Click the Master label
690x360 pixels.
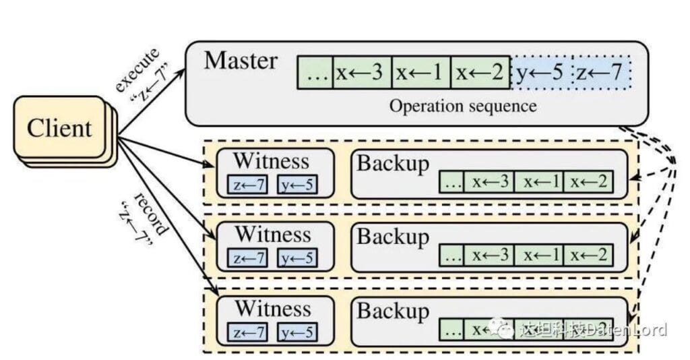[x=241, y=61]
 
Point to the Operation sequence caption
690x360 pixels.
[x=464, y=106]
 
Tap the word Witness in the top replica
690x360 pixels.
[x=272, y=161]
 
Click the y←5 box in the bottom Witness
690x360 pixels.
[x=297, y=332]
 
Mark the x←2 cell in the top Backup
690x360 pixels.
[x=588, y=181]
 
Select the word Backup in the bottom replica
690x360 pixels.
[x=393, y=311]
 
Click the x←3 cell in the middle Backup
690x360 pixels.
[x=489, y=256]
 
